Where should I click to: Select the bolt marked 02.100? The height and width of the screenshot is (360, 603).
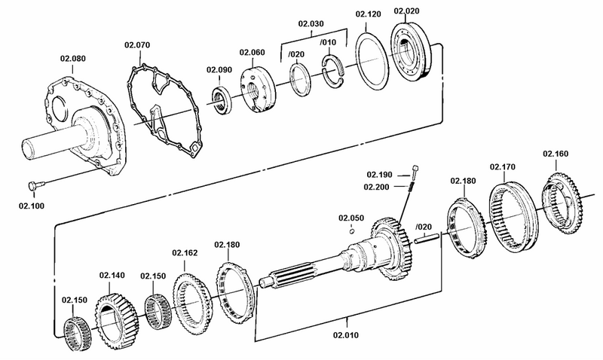tap(35, 185)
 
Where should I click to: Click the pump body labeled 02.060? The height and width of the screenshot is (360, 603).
tap(256, 88)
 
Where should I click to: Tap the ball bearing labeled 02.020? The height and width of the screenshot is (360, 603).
tap(411, 58)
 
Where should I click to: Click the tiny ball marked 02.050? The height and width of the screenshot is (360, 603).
tap(352, 232)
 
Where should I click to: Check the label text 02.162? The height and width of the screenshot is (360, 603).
tap(185, 252)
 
